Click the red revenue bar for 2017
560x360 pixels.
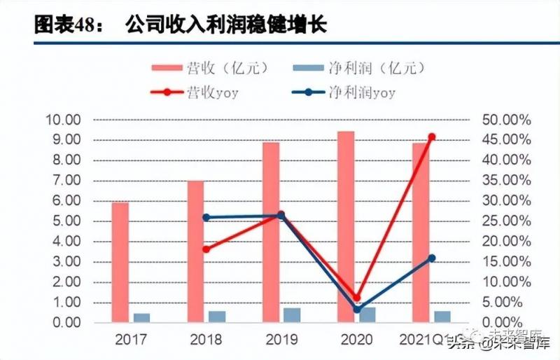(120, 263)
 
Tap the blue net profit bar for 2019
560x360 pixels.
(291, 315)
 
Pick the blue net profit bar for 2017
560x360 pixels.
(141, 318)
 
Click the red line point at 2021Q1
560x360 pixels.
(432, 137)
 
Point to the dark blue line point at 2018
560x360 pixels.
(206, 217)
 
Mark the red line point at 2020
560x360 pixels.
(356, 298)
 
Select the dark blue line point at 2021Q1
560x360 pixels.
(431, 258)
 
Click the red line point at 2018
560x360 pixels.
(206, 249)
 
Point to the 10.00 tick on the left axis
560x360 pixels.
(63, 120)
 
